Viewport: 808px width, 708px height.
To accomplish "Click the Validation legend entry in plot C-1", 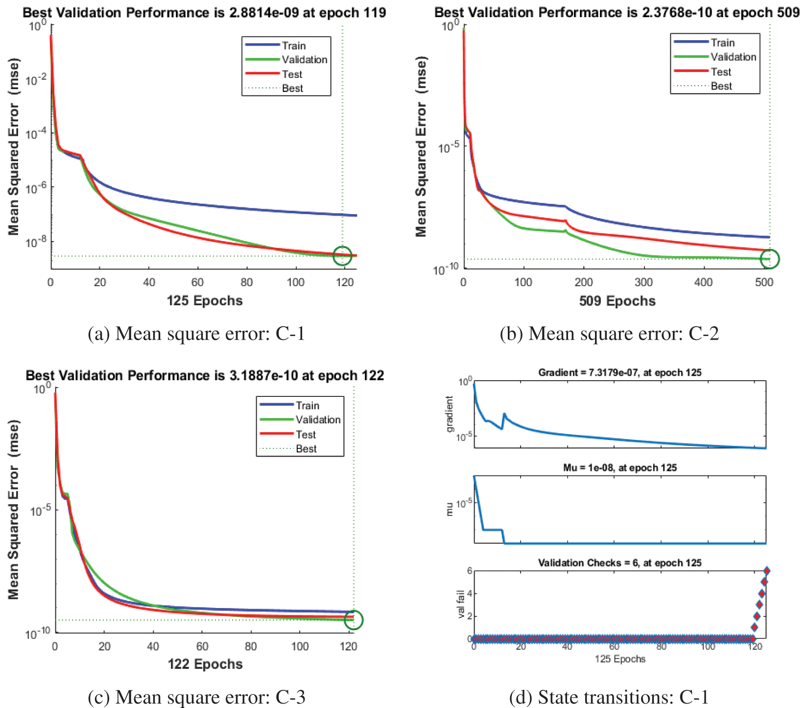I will (x=304, y=60).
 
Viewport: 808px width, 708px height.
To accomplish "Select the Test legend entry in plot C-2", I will (x=721, y=72).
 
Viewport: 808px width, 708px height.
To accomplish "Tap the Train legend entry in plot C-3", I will (x=307, y=406).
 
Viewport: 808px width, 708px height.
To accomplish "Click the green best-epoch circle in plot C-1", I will (x=342, y=255).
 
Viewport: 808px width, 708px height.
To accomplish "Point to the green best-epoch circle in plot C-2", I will (x=770, y=259).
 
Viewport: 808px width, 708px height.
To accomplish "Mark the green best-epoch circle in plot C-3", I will (x=354, y=620).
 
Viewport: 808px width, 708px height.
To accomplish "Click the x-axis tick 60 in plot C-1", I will (x=198, y=282).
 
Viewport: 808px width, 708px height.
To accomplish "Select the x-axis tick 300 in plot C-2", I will (x=643, y=282).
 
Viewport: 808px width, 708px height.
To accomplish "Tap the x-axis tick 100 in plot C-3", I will (x=300, y=646).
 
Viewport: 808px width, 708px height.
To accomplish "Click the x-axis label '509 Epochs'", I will (x=617, y=301).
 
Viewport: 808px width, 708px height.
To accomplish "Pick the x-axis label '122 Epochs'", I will (x=205, y=664).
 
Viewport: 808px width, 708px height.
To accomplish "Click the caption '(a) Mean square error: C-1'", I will (x=196, y=334).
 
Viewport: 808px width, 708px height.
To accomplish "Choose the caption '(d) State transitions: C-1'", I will (x=609, y=697).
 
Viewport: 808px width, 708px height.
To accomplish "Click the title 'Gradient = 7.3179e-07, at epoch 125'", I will (x=619, y=373).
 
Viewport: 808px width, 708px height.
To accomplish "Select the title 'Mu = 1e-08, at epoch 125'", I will (x=619, y=468).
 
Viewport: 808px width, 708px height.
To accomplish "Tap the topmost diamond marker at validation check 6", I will (x=767, y=571).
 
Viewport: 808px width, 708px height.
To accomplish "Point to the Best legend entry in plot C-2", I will (x=721, y=86).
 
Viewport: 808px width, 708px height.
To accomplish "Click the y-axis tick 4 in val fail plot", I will (x=469, y=593).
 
